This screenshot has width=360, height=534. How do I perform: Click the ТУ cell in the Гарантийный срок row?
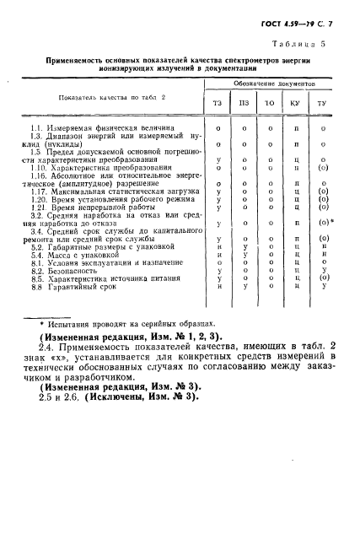[324, 286]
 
